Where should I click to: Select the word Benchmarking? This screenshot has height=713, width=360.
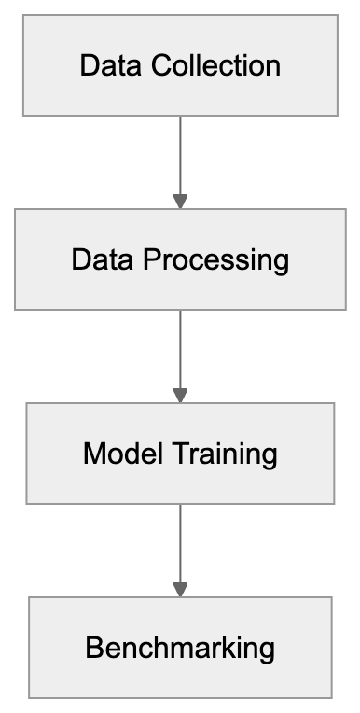pos(180,648)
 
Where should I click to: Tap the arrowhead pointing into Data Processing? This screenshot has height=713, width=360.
pos(180,201)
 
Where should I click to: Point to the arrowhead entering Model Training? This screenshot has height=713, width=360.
pos(180,396)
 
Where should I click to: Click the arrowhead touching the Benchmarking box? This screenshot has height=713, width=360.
pos(180,590)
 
